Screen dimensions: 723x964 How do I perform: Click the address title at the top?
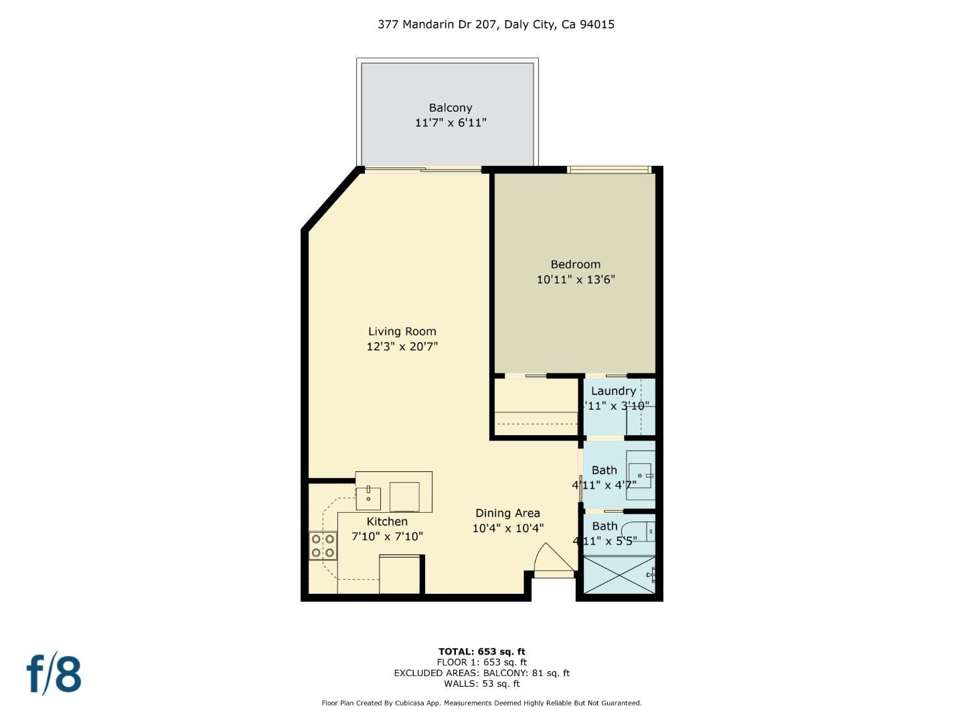495,25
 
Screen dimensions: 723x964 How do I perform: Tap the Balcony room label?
451,108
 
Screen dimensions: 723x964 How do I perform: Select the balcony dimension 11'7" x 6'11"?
451,123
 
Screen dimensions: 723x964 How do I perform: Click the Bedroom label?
575,264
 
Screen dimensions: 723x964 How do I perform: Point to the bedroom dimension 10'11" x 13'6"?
575,280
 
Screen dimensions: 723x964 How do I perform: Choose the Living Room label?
402,331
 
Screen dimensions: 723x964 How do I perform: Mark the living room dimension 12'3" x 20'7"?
402,347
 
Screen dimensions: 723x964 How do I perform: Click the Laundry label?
613,391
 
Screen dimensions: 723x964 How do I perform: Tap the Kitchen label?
387,521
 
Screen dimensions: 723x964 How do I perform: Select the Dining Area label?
507,513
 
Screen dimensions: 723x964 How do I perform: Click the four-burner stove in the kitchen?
322,546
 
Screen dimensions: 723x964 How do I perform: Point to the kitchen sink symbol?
368,497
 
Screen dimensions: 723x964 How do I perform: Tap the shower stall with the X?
619,575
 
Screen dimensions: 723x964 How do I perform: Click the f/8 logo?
54,674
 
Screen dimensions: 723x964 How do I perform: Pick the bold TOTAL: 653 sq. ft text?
481,651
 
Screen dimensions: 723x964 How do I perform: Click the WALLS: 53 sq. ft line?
481,684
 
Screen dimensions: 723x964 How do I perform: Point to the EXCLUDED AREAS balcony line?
481,673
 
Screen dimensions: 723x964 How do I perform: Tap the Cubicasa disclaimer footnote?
481,703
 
